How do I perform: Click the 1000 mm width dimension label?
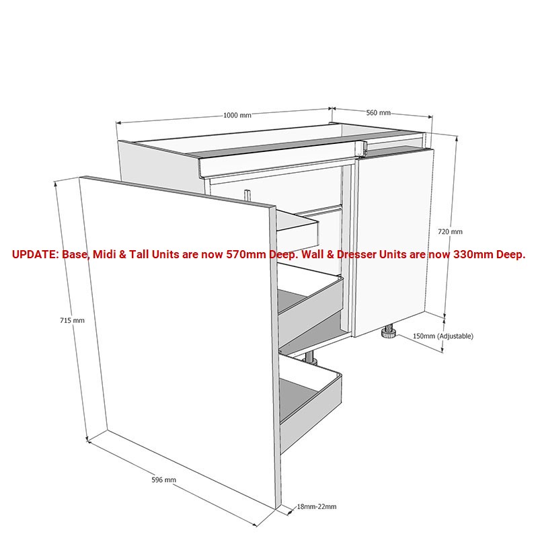[237, 115]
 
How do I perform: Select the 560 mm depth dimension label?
[378, 112]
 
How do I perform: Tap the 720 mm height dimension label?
[450, 231]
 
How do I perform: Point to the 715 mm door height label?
[72, 320]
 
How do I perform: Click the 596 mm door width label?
[163, 479]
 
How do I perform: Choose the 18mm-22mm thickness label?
[316, 506]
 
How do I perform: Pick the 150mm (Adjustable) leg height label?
[443, 336]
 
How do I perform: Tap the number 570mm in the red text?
[245, 255]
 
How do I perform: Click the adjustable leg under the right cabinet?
[388, 332]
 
